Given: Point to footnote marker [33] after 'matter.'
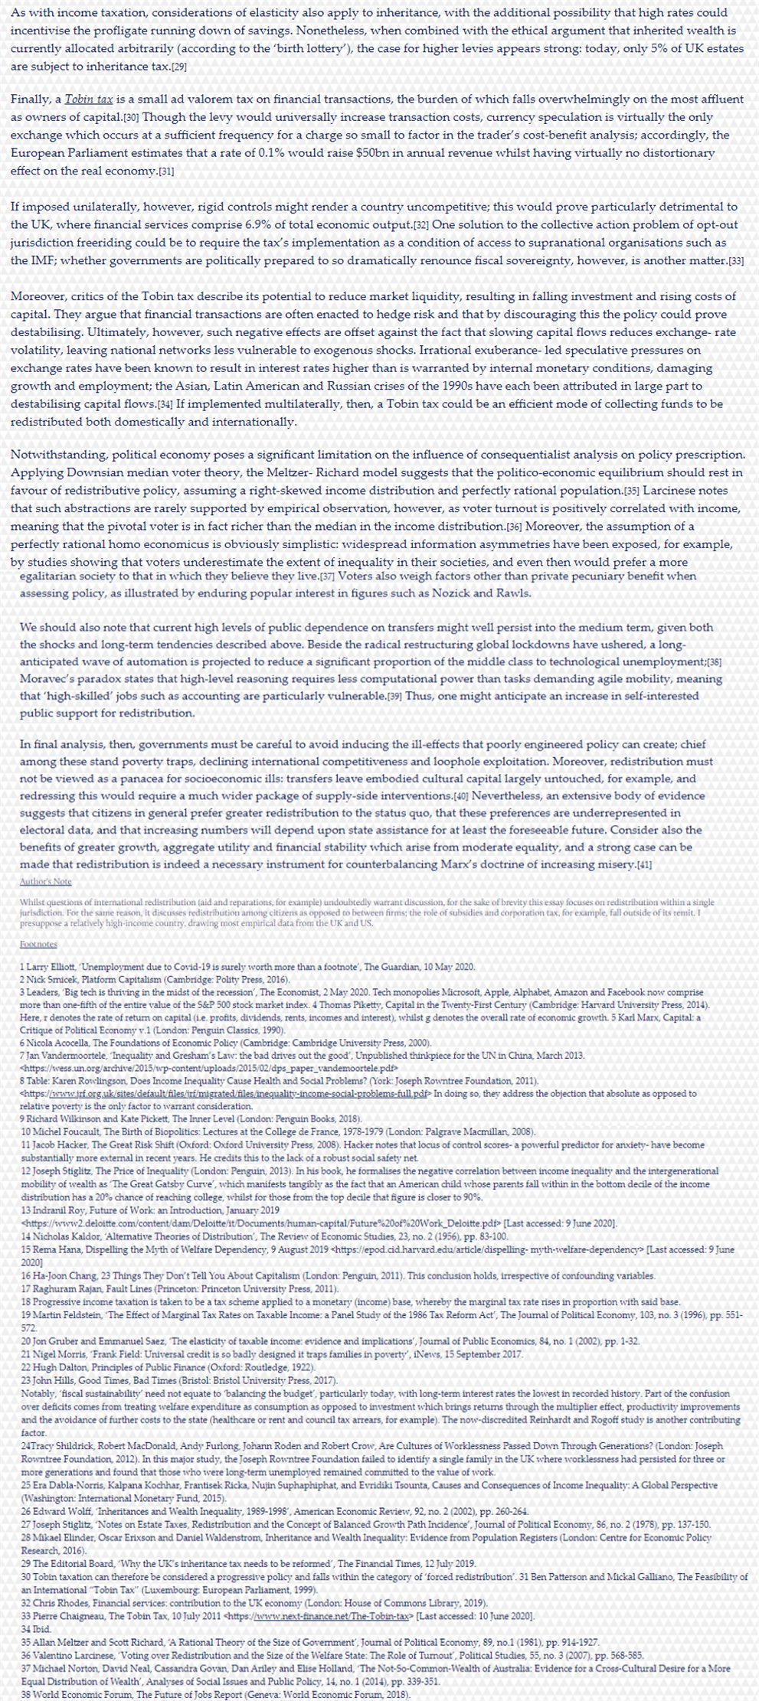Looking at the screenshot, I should pos(736,260).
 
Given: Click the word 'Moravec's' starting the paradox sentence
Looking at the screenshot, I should pos(51,679).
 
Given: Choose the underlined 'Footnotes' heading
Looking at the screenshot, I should pos(38,945).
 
